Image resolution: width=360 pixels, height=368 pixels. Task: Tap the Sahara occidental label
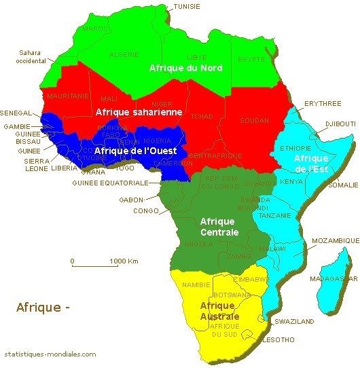pyautogui.click(x=31, y=56)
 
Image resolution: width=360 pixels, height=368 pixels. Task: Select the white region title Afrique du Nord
pyautogui.click(x=185, y=68)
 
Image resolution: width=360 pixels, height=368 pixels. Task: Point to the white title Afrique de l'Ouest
pyautogui.click(x=136, y=150)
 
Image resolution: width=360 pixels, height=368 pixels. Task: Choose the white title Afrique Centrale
pyautogui.click(x=218, y=227)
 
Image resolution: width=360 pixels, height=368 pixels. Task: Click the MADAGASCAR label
pyautogui.click(x=332, y=278)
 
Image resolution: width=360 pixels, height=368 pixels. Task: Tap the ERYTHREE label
pyautogui.click(x=322, y=103)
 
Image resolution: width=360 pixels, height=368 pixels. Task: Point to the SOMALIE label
pyautogui.click(x=342, y=185)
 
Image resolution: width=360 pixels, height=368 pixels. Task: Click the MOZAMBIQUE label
pyautogui.click(x=335, y=241)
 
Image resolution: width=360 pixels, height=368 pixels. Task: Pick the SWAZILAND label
pyautogui.click(x=294, y=320)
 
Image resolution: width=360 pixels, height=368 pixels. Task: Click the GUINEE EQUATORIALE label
pyautogui.click(x=110, y=183)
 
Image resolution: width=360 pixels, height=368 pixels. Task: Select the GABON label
pyautogui.click(x=130, y=200)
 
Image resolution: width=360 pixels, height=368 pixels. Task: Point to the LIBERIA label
pyautogui.click(x=64, y=168)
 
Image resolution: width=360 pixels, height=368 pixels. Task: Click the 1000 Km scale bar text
pyautogui.click(x=124, y=261)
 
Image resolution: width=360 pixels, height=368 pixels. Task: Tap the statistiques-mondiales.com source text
pyautogui.click(x=50, y=354)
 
